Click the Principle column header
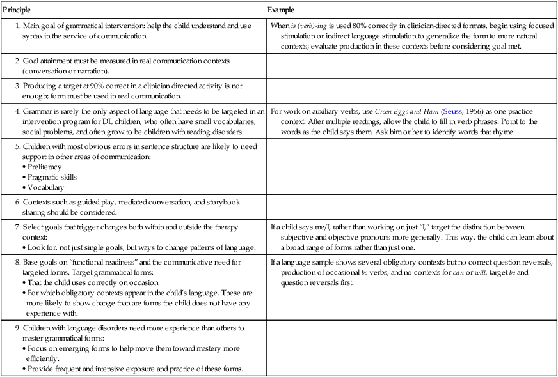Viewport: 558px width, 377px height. click(x=17, y=10)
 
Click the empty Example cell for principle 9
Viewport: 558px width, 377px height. click(x=411, y=350)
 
